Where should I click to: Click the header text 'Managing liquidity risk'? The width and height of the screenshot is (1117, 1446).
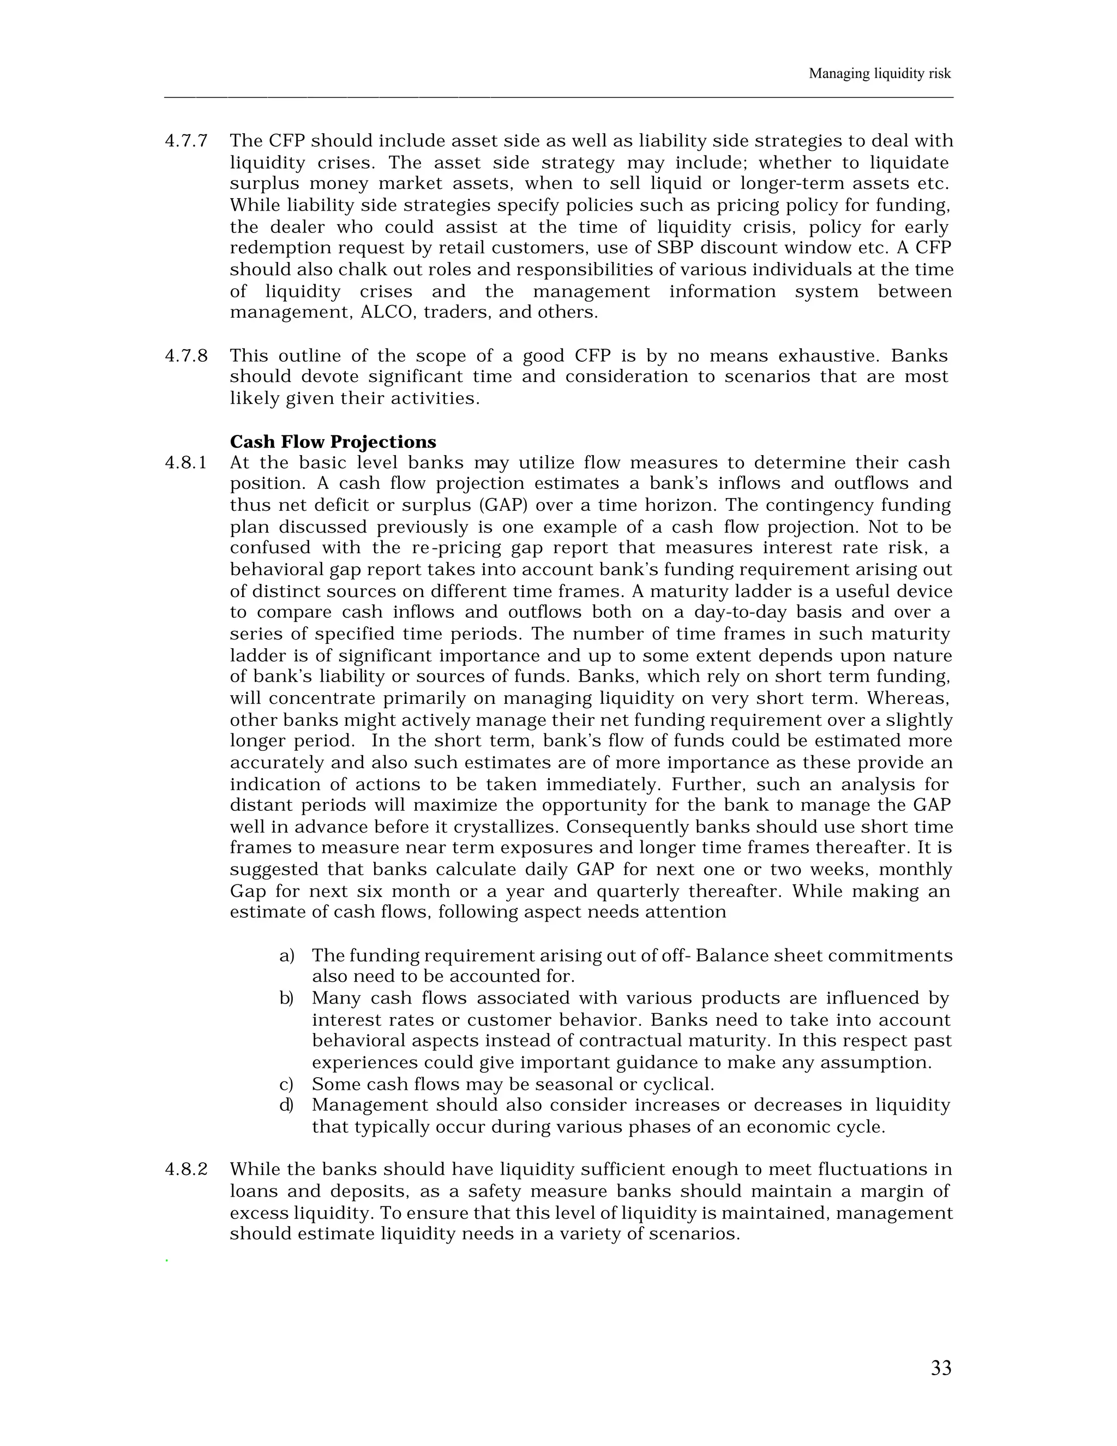click(x=879, y=74)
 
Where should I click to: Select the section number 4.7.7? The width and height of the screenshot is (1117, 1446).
click(x=186, y=141)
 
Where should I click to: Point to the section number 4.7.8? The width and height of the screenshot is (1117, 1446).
click(x=186, y=356)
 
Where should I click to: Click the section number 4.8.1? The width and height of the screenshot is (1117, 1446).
click(x=186, y=463)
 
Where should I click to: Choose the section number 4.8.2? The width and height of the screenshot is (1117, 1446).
click(x=186, y=1170)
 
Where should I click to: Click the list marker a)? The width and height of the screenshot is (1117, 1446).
click(x=286, y=955)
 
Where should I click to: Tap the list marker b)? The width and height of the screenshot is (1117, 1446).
click(x=286, y=998)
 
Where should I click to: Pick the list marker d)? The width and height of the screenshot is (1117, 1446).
click(x=286, y=1105)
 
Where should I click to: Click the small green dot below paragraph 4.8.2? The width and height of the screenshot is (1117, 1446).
click(x=167, y=1260)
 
